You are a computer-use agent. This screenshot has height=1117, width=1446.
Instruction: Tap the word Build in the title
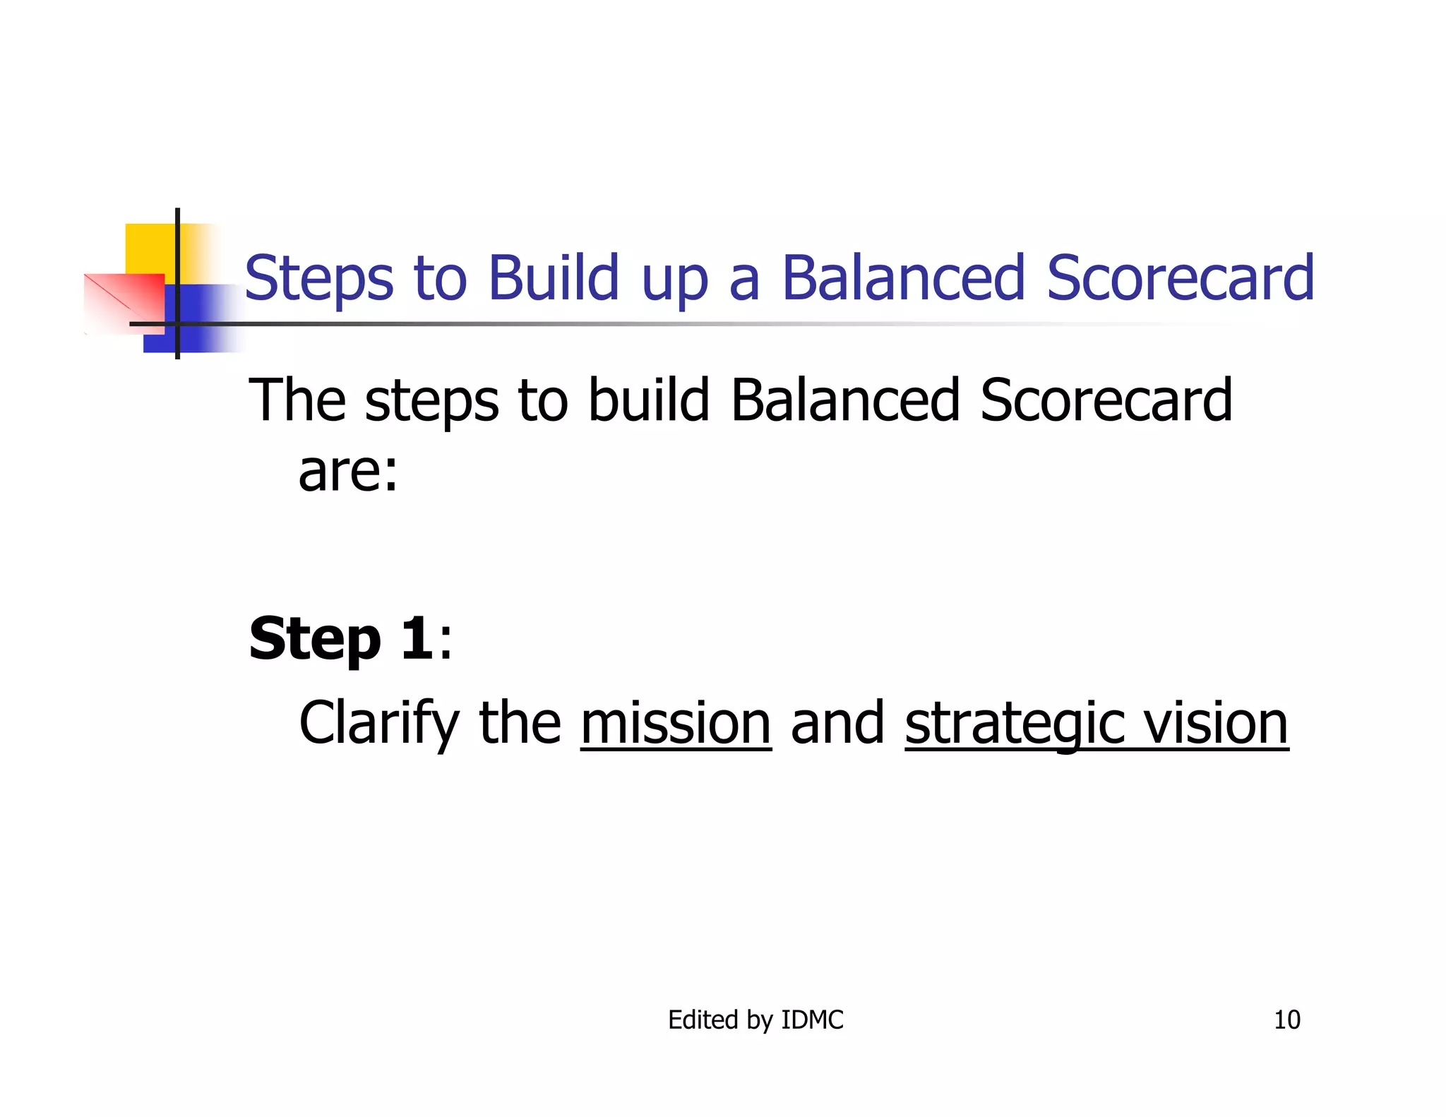click(554, 277)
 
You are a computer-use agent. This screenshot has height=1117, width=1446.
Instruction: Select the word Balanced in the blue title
click(903, 277)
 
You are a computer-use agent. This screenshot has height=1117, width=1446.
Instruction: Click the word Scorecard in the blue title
click(1180, 277)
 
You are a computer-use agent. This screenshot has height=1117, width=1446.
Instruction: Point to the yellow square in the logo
click(150, 247)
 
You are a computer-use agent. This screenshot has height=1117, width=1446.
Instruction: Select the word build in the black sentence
click(648, 400)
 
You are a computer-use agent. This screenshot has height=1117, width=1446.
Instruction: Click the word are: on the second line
click(348, 472)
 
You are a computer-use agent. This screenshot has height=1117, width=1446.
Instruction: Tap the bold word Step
click(315, 639)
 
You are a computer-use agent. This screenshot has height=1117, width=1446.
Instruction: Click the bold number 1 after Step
click(417, 638)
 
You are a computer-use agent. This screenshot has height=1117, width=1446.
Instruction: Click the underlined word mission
click(676, 723)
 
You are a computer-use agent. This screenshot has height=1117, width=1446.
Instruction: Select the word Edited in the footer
click(703, 1020)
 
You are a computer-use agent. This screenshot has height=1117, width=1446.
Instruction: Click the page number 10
click(1286, 1020)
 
